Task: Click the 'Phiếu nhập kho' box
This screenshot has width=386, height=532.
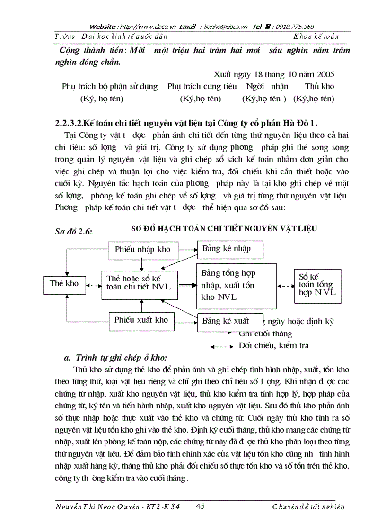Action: [x=142, y=249]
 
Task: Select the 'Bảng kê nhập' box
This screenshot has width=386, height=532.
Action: [x=229, y=249]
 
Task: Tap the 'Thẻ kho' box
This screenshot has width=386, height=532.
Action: [x=65, y=284]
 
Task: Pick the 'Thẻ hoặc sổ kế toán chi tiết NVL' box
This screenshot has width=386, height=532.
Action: [x=140, y=285]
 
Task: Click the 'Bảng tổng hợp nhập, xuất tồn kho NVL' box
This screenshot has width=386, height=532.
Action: [x=236, y=286]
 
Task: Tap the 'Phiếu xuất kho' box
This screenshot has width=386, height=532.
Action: [x=141, y=320]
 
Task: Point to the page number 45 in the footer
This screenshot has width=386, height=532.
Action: [x=200, y=506]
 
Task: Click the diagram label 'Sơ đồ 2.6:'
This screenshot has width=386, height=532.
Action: [x=74, y=231]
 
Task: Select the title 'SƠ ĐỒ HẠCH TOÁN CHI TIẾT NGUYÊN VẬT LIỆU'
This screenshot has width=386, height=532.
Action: [x=223, y=228]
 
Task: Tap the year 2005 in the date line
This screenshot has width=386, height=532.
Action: [x=324, y=74]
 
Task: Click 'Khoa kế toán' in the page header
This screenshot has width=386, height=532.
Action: [x=316, y=36]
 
